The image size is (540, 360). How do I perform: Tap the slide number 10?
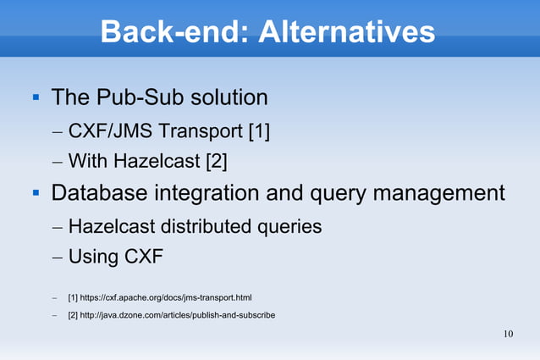[x=508, y=333]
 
